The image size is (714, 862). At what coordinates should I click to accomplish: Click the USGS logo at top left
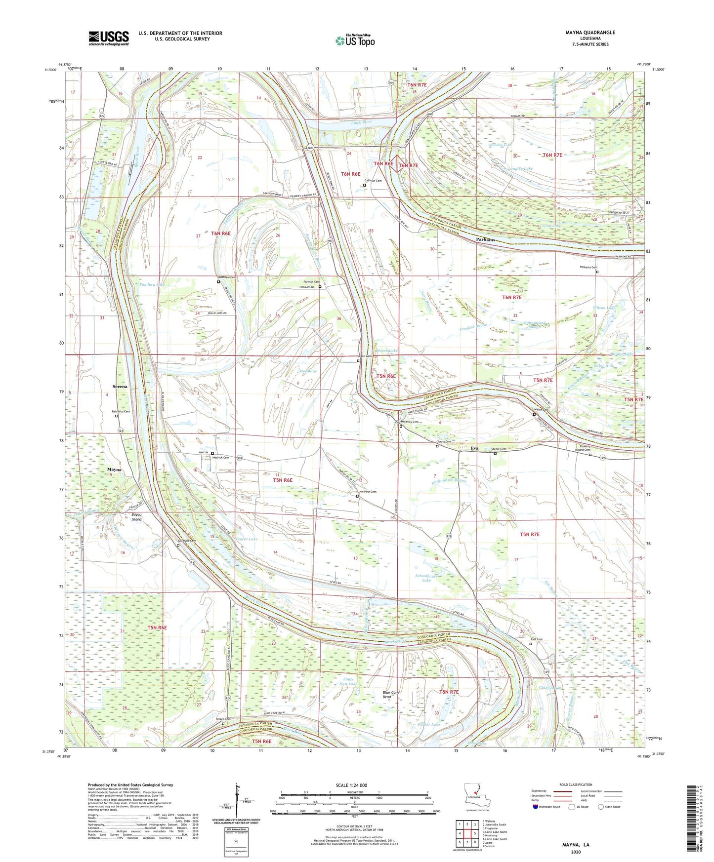coord(109,38)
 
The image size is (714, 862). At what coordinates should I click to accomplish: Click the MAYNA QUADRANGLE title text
coord(590,33)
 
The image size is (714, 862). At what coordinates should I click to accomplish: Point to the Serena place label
coord(120,387)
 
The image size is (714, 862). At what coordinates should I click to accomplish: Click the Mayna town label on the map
coord(114,470)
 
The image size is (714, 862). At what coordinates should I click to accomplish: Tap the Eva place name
coord(474,448)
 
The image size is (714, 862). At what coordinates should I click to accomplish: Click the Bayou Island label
coord(136,517)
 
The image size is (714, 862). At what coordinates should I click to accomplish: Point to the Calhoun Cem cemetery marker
coord(365,185)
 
